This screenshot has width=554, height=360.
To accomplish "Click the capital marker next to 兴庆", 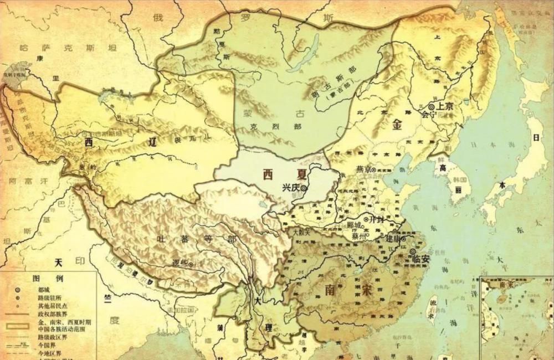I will point(304,189).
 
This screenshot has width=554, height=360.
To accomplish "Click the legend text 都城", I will point(45,289).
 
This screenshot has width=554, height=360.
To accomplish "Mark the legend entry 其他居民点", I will point(53,305).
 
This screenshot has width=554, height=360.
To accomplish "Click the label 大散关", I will point(302,233).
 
